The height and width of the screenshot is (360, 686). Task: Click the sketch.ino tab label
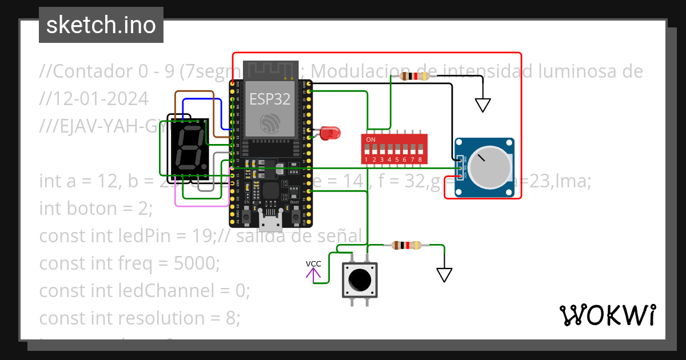point(101,25)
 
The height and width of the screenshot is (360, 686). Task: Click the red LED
point(329,134)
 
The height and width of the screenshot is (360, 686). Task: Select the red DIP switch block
point(394,149)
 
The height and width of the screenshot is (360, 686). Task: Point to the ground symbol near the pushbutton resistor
point(444,275)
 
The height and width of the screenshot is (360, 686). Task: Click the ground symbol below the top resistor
point(483,105)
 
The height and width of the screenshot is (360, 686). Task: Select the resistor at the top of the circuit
point(415,76)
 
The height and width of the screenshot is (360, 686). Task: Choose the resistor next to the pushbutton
point(406,246)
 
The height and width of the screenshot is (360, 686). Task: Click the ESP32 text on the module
point(270,98)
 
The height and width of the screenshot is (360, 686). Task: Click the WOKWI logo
point(607,315)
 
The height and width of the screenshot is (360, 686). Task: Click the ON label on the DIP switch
point(370,139)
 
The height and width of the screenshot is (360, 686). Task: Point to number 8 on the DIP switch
point(420,159)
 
